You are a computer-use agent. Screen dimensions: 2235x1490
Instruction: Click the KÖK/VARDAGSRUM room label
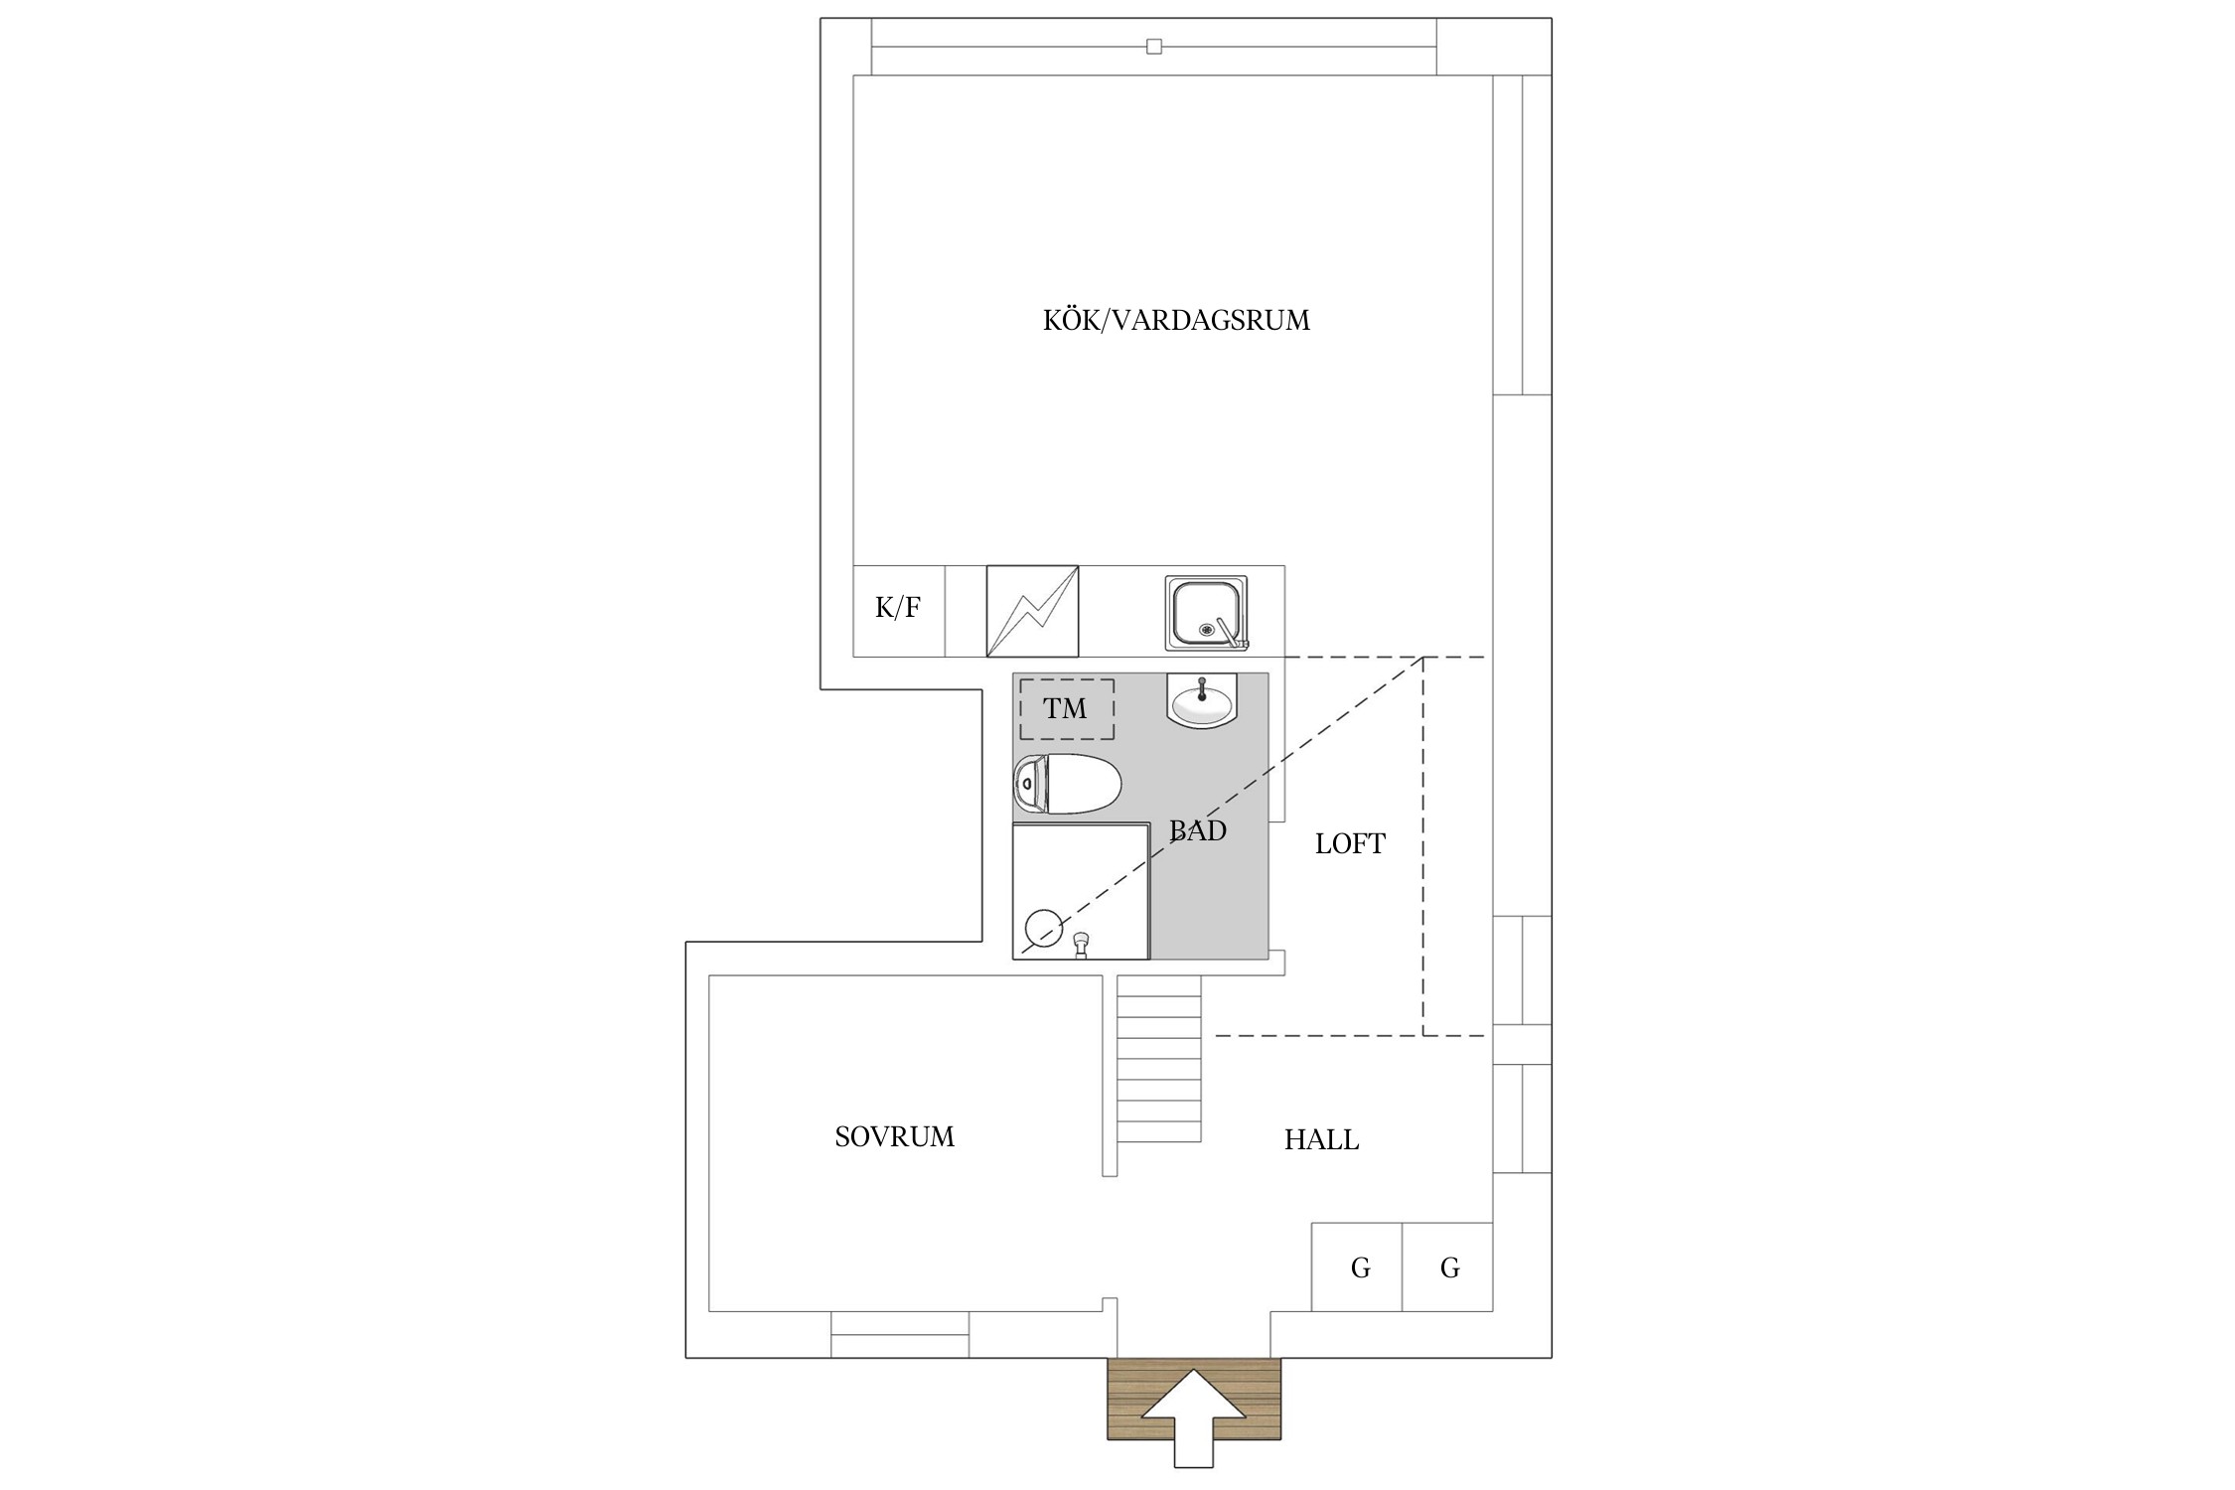click(x=1176, y=320)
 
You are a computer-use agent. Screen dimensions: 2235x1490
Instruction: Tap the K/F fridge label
click(x=898, y=608)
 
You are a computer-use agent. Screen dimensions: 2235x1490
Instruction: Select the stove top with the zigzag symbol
click(x=1032, y=611)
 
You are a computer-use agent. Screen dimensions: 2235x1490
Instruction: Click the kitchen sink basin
click(x=1206, y=613)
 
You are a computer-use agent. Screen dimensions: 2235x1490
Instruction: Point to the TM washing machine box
click(x=1067, y=709)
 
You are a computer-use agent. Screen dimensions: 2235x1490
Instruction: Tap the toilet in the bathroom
click(x=1067, y=785)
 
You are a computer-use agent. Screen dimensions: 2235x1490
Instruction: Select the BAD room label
click(x=1198, y=830)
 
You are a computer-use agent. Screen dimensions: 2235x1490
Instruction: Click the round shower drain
click(x=1042, y=928)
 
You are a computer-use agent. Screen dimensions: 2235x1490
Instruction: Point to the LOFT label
click(x=1350, y=844)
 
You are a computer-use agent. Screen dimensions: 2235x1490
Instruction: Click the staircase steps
click(x=1159, y=1059)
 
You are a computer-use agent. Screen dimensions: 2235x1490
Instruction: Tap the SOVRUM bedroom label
click(x=894, y=1137)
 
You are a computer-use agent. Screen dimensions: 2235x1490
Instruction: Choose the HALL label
click(x=1321, y=1140)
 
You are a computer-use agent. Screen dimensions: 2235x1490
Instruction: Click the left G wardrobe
click(x=1357, y=1266)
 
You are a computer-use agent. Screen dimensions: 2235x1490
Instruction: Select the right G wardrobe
click(x=1447, y=1266)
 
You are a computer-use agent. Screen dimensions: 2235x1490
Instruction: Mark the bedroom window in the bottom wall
click(x=900, y=1334)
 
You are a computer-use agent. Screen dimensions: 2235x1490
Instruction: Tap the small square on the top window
click(x=1153, y=47)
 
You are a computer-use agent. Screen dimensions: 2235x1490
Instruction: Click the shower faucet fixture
click(x=1082, y=945)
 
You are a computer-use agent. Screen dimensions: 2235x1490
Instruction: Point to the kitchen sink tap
click(x=1231, y=634)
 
